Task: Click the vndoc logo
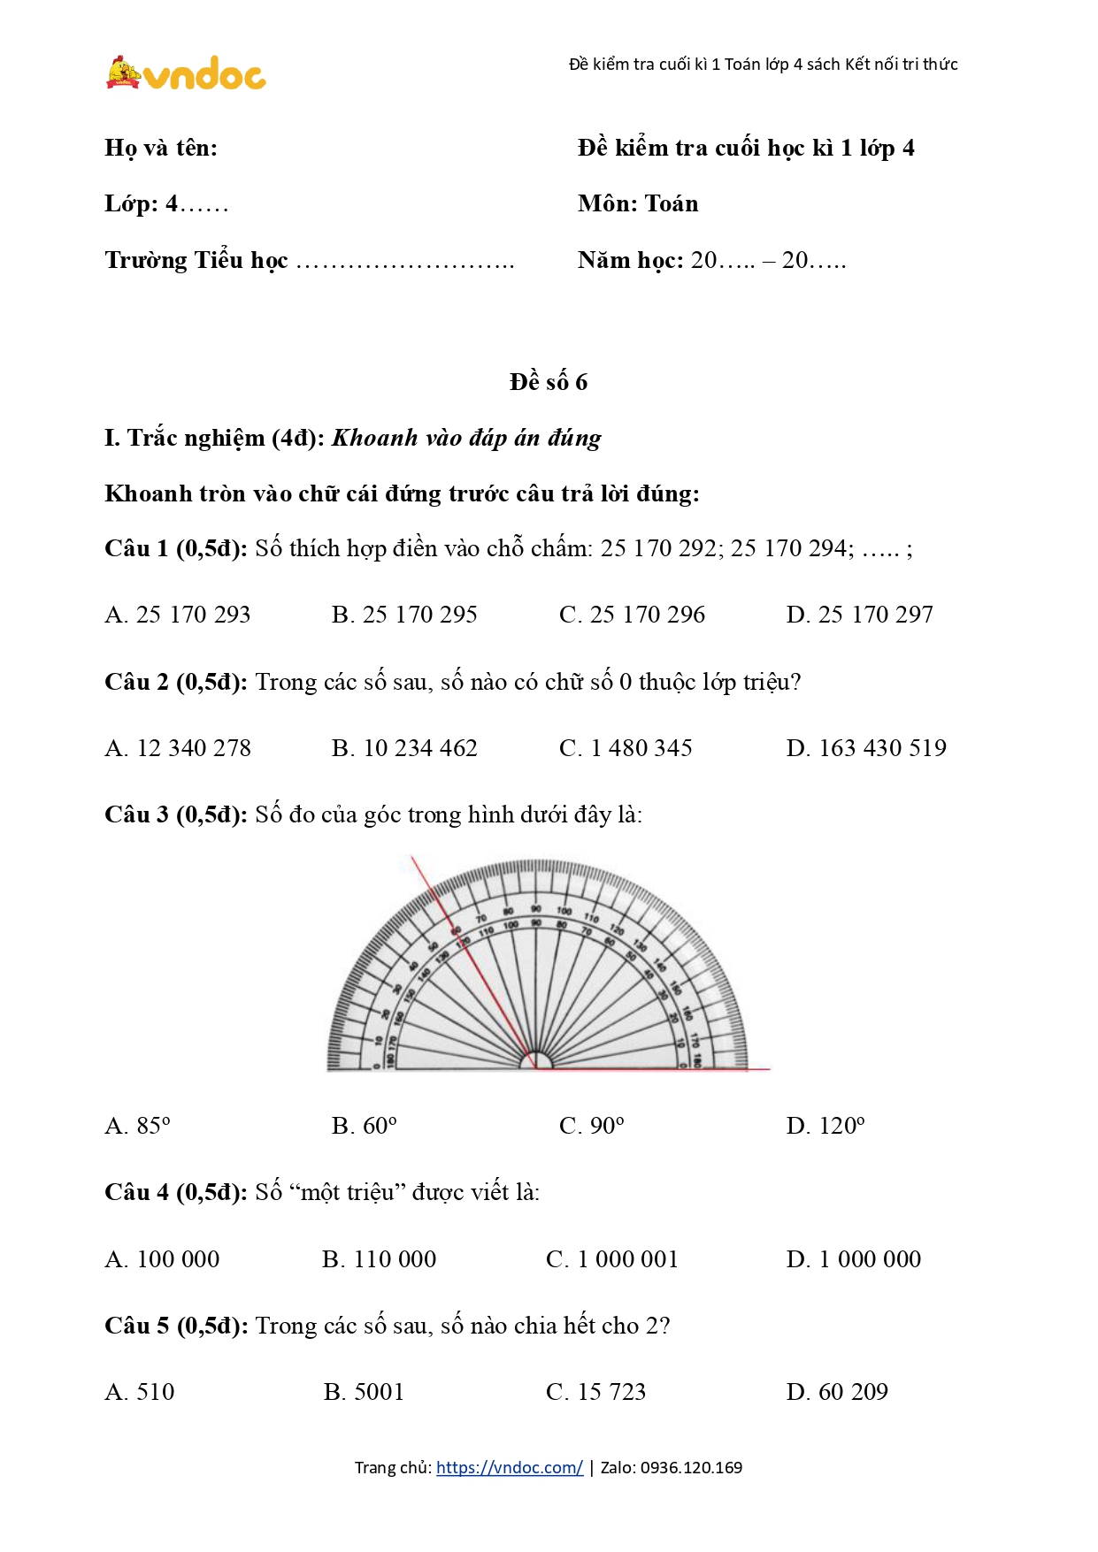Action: pyautogui.click(x=186, y=73)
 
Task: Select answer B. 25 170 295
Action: pyautogui.click(x=404, y=615)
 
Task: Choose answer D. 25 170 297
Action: pyautogui.click(x=859, y=615)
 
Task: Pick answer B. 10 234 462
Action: pyautogui.click(x=404, y=748)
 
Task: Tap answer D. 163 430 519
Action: pyautogui.click(x=865, y=748)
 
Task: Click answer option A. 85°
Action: pyautogui.click(x=137, y=1126)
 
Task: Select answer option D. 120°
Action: pyautogui.click(x=825, y=1126)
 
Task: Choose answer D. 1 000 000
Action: pyautogui.click(x=853, y=1259)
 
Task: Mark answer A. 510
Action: pyautogui.click(x=140, y=1392)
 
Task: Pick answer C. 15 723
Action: pyautogui.click(x=595, y=1392)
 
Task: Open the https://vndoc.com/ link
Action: pyautogui.click(x=509, y=1468)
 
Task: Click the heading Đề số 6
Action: pyautogui.click(x=549, y=382)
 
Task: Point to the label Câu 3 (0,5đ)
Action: pyautogui.click(x=175, y=814)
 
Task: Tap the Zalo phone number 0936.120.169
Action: pyautogui.click(x=691, y=1468)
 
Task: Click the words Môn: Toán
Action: pyautogui.click(x=638, y=204)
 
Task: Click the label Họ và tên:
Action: pyautogui.click(x=161, y=148)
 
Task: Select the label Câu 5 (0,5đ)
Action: pyautogui.click(x=175, y=1326)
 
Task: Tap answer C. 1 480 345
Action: pyautogui.click(x=626, y=748)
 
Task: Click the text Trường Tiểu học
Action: pyautogui.click(x=196, y=261)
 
